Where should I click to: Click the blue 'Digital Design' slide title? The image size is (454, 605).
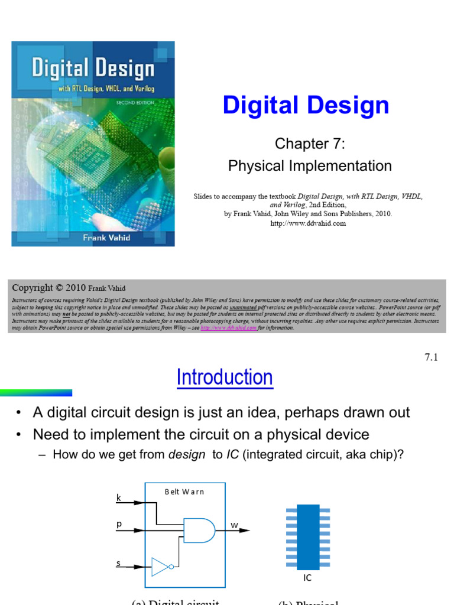pos(306,106)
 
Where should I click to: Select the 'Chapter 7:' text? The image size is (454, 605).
pos(310,144)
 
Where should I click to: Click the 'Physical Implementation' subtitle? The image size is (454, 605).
pos(310,166)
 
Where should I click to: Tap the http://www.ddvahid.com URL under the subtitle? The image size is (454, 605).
pos(307,223)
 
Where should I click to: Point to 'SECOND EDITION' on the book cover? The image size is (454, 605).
pos(135,102)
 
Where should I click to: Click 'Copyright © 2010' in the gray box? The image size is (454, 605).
pos(50,288)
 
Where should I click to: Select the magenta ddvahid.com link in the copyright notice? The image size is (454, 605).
pos(229,327)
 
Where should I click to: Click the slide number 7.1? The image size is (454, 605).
pos(431,357)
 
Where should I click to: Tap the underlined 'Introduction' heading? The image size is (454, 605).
pos(225,378)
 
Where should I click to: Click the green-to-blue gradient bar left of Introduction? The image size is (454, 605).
pos(35,392)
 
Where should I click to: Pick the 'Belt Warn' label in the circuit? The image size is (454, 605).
pos(184,492)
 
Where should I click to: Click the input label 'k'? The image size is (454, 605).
pos(118,498)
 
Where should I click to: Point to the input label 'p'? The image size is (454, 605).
pos(118,524)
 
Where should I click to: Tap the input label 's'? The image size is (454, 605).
pos(118,563)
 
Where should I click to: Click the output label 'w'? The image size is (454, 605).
pos(234,525)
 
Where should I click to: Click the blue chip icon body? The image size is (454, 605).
pos(308,536)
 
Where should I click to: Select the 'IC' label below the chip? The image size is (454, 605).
pos(307,578)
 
